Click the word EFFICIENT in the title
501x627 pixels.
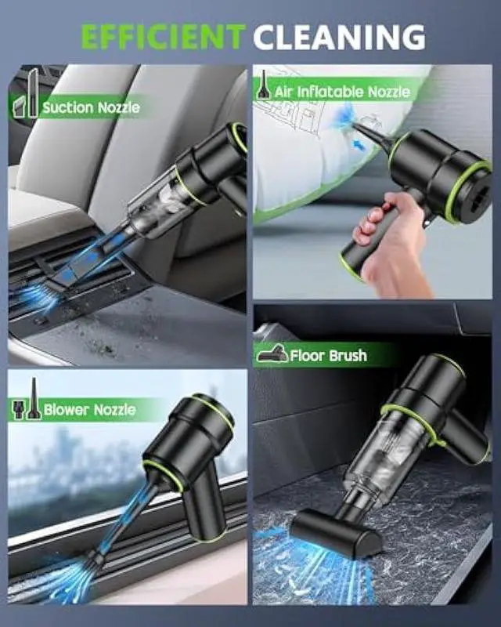pos(163,37)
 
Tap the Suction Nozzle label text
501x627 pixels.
pos(91,107)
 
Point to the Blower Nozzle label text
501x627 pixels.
pos(90,409)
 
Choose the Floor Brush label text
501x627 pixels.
pos(328,356)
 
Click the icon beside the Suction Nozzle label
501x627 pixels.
pos(29,94)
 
